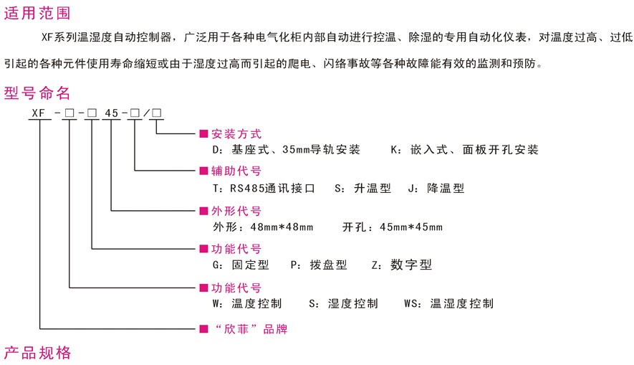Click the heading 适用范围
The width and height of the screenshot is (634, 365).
(38, 12)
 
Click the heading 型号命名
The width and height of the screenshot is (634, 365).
(38, 93)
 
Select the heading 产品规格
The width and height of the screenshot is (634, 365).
(38, 353)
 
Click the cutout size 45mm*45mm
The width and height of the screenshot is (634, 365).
(412, 228)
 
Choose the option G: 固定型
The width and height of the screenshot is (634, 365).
(241, 265)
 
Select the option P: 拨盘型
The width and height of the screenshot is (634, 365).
(319, 265)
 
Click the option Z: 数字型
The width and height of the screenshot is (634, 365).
(402, 265)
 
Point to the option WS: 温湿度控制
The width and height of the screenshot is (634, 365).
(448, 303)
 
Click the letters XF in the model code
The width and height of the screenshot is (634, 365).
(39, 113)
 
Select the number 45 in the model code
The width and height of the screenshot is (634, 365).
(112, 113)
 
